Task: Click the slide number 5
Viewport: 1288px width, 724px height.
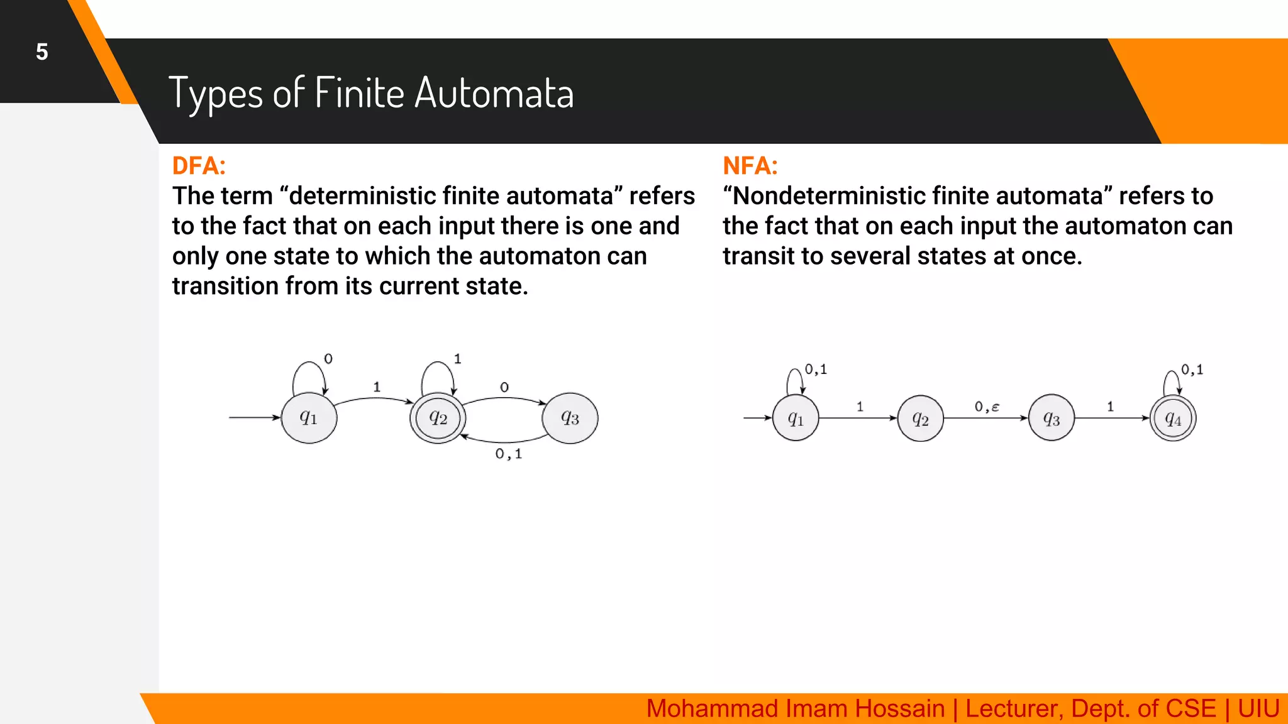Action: (x=42, y=52)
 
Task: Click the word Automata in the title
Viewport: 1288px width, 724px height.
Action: (x=494, y=93)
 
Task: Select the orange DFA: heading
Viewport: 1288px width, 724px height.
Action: (x=199, y=166)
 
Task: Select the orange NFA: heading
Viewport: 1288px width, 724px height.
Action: (x=750, y=166)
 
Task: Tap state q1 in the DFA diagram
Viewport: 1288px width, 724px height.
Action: (x=309, y=418)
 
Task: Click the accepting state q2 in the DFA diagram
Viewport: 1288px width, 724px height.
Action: (x=438, y=418)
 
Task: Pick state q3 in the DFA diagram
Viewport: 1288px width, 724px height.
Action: (x=570, y=418)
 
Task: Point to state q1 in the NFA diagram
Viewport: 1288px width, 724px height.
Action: (x=796, y=419)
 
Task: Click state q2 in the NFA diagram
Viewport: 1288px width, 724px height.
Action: (x=920, y=419)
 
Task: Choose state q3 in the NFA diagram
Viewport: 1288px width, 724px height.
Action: (x=1052, y=419)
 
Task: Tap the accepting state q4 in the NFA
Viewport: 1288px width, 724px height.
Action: (x=1173, y=419)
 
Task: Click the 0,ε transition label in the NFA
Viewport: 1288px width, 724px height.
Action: (x=987, y=407)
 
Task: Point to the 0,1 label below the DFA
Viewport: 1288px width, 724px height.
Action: (x=508, y=454)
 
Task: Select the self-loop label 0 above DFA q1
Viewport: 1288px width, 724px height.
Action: (x=328, y=359)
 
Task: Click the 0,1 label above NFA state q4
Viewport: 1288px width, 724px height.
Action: (x=1192, y=370)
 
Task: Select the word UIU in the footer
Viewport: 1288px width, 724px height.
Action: (x=1258, y=709)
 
